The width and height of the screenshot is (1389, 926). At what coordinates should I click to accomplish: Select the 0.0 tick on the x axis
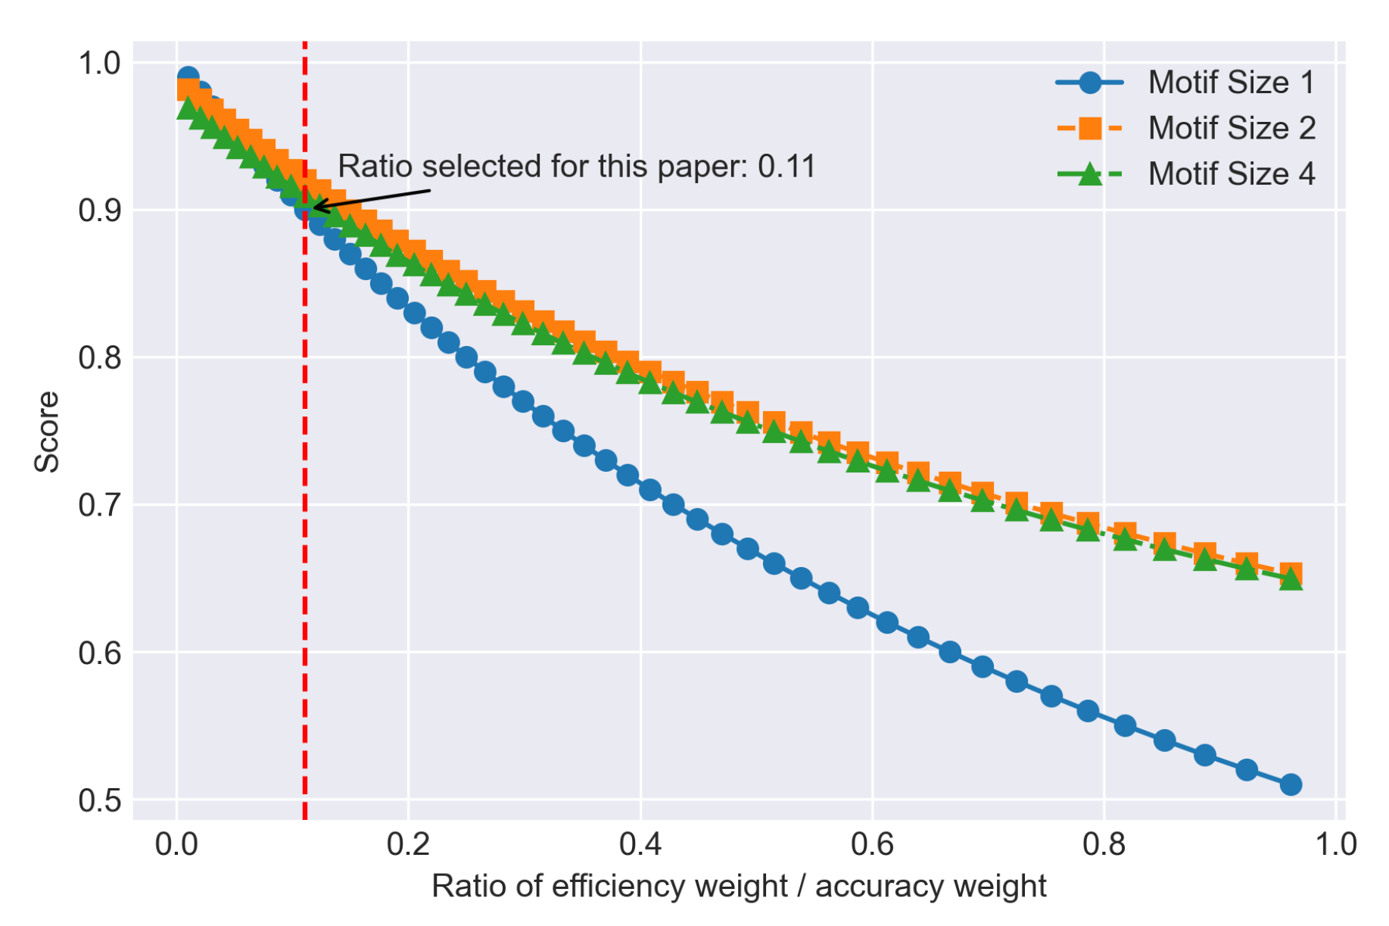click(176, 843)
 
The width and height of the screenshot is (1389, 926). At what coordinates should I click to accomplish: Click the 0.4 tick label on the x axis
click(640, 843)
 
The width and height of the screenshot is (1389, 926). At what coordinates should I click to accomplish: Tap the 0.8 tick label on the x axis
click(1104, 843)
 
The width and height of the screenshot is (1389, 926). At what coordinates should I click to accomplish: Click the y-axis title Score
click(47, 432)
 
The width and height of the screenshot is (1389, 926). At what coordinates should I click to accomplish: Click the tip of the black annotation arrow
click(314, 207)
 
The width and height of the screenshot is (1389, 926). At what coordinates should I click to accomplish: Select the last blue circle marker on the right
click(1291, 784)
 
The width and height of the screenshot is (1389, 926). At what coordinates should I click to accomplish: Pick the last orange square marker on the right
click(1291, 573)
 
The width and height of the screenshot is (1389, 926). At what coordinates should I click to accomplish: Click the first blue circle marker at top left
click(188, 77)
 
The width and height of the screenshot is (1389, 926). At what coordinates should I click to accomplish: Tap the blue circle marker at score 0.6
click(950, 652)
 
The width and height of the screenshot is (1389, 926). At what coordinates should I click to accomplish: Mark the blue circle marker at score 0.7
click(673, 505)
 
